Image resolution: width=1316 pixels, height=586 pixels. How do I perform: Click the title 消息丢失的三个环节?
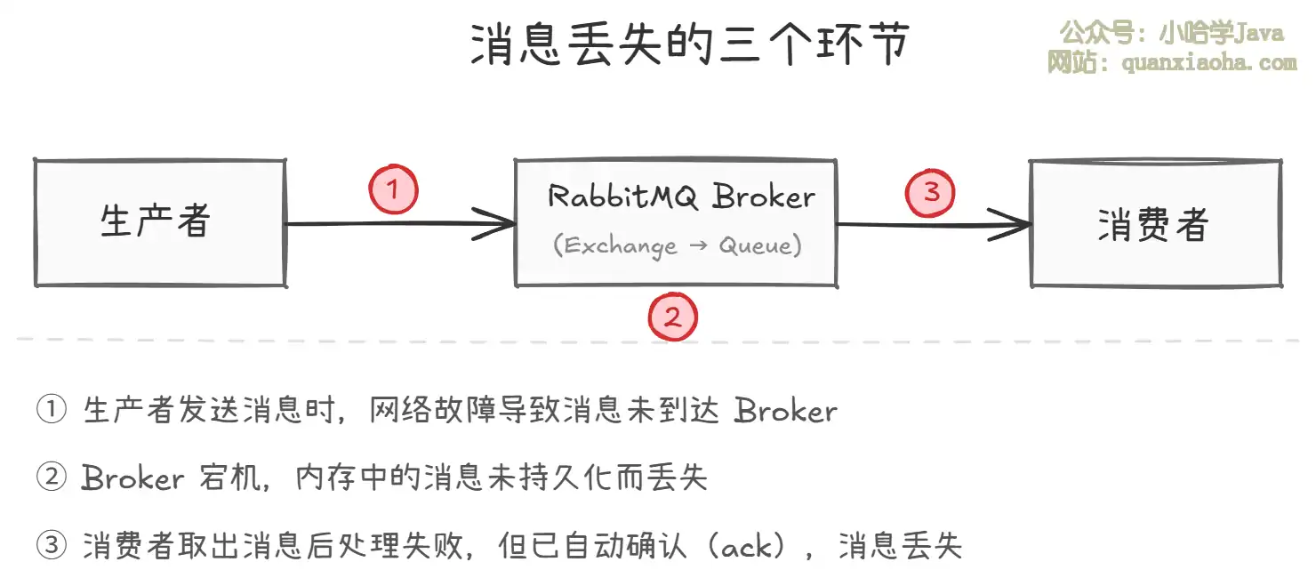[690, 44]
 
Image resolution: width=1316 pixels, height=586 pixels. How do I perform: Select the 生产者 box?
[159, 223]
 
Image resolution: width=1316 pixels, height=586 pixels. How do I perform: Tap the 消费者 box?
[1154, 224]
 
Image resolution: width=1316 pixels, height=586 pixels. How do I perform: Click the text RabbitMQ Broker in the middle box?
[680, 196]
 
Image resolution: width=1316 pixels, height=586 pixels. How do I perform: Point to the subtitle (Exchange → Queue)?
[677, 245]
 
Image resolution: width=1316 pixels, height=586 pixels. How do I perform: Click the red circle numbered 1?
[393, 189]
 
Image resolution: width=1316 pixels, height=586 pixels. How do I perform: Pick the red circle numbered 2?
[673, 317]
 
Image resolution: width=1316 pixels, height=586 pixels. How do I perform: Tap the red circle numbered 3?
[930, 192]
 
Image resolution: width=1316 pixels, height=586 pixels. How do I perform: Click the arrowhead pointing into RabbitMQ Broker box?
[498, 223]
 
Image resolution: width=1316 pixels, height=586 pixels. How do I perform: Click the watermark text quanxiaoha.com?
[1209, 63]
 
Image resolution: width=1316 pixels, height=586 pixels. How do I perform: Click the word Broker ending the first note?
[786, 411]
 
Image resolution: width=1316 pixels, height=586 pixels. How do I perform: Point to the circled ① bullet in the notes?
[51, 411]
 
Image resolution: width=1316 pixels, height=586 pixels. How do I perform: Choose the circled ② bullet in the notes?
[51, 478]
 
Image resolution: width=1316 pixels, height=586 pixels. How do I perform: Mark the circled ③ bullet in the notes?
[51, 546]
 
